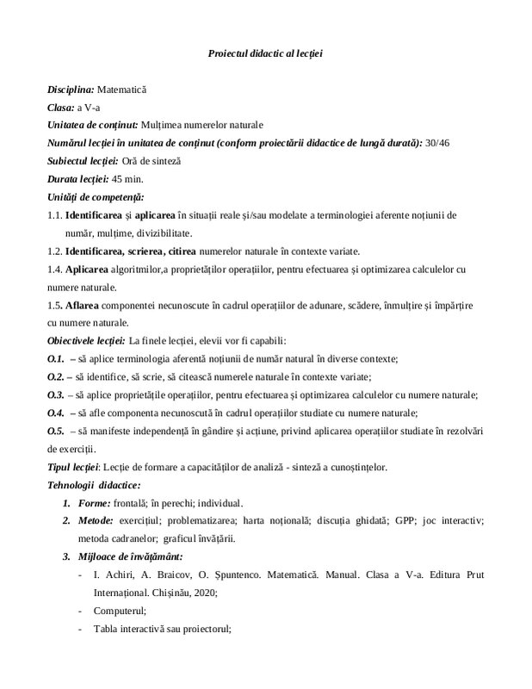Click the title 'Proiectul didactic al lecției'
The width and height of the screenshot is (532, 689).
265,53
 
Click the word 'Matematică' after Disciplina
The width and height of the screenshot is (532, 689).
122,89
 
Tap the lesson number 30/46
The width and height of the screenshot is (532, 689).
439,142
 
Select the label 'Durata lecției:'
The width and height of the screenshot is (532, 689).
78,178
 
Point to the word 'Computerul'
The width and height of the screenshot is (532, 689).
119,611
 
